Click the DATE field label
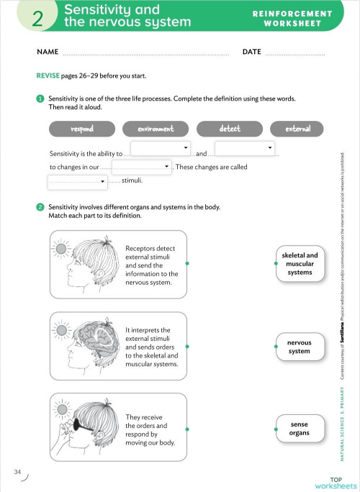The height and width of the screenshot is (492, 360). tap(251, 53)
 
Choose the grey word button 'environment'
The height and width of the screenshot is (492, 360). tap(156, 129)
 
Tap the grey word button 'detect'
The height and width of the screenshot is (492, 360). tap(230, 129)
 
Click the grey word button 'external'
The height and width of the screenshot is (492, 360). tap(297, 129)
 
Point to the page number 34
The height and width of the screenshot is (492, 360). tap(17, 471)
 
